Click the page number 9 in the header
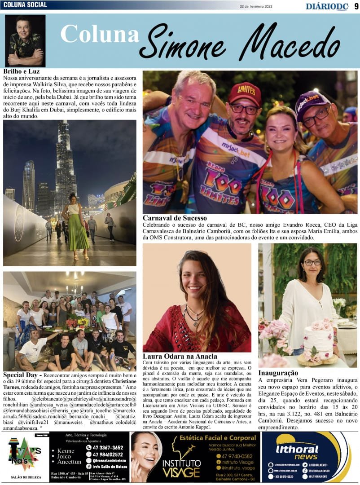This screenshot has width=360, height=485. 356,6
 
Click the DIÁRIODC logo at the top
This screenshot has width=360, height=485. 327,6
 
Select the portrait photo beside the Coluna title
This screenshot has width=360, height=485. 25,41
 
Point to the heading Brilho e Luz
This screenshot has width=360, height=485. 22,71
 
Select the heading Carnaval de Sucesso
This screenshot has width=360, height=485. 175,218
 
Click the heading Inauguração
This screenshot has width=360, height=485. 278,373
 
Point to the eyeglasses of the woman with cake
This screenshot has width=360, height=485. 312,263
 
